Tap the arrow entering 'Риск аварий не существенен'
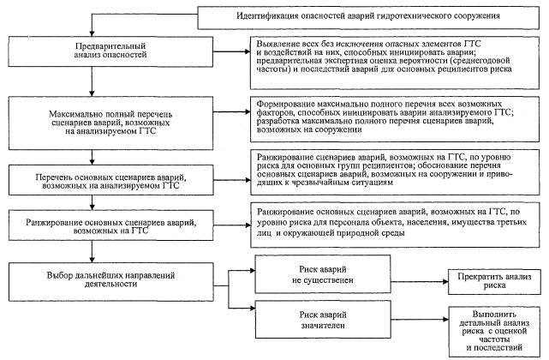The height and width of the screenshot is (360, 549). pyautogui.click(x=249, y=269)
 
